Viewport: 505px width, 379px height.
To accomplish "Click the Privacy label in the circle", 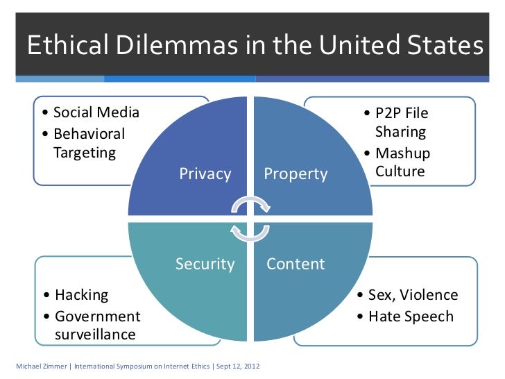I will tap(205, 174).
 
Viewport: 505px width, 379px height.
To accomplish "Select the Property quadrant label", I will tap(296, 174).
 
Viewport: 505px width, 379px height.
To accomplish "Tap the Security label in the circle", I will tap(205, 264).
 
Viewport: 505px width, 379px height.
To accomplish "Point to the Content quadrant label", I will tap(296, 264).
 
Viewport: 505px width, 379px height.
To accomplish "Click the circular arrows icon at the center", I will tap(250, 218).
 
